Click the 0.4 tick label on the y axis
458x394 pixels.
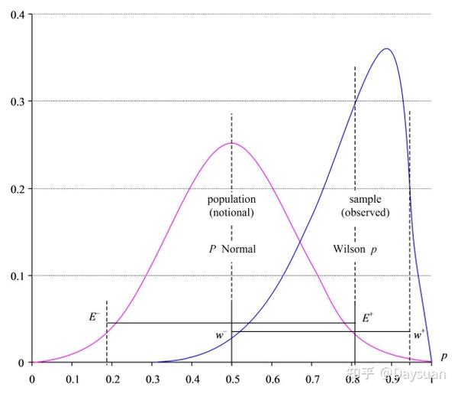tap(15, 15)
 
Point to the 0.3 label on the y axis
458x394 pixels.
tap(15, 101)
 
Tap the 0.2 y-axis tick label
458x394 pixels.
tap(15, 188)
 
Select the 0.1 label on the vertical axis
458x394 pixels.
tap(15, 275)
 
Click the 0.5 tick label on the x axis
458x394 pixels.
tap(231, 377)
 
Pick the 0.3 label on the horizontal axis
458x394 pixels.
tap(151, 377)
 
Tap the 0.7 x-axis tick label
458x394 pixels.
tap(311, 377)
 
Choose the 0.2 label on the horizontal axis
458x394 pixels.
tap(111, 377)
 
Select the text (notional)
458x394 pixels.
tap(231, 212)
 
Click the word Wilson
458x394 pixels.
tap(350, 249)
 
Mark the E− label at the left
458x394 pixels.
tap(95, 315)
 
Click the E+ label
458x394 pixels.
tap(367, 315)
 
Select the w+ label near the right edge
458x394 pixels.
tap(419, 334)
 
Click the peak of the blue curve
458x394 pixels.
tap(386, 49)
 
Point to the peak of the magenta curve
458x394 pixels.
tap(231, 143)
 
